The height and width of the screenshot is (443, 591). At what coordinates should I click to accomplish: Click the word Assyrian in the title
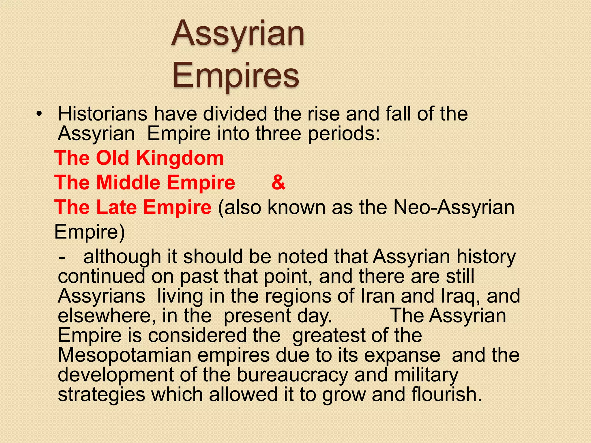pyautogui.click(x=238, y=34)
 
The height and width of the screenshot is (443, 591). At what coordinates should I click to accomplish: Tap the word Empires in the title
pyautogui.click(x=236, y=76)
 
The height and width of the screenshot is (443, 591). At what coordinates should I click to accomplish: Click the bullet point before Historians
pyautogui.click(x=39, y=114)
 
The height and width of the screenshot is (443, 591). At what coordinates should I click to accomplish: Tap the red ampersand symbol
pyautogui.click(x=278, y=183)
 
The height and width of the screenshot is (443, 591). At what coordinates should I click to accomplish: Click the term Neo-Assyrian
pyautogui.click(x=454, y=207)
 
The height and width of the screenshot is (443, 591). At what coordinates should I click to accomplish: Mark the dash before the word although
pyautogui.click(x=61, y=257)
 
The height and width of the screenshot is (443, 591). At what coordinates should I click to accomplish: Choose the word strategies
pyautogui.click(x=101, y=394)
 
